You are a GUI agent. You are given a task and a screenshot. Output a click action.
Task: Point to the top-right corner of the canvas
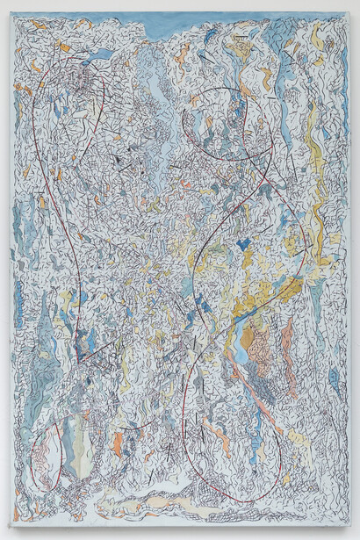click(350, 12)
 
